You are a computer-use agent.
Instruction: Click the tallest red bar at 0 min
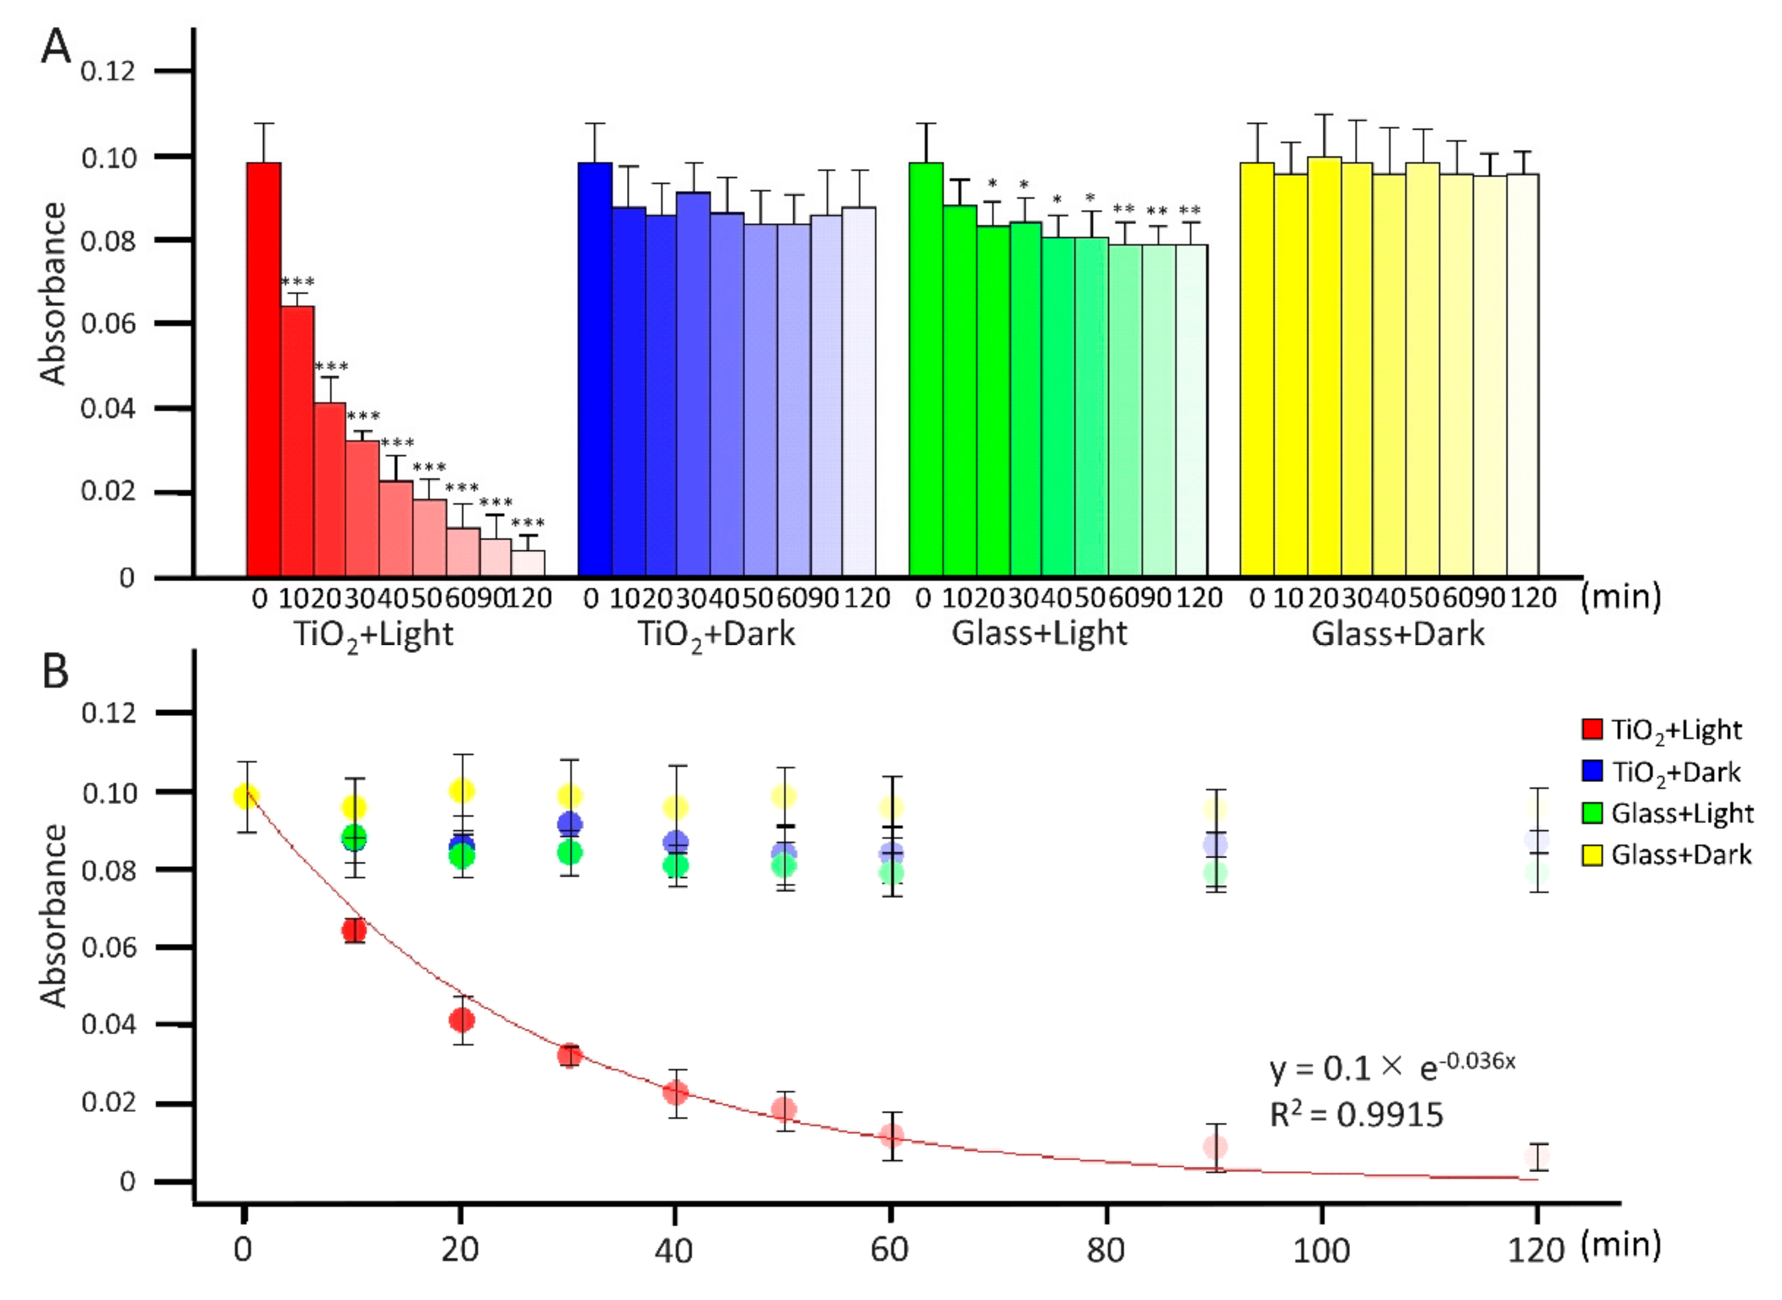[264, 370]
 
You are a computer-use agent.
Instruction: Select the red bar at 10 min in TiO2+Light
[297, 440]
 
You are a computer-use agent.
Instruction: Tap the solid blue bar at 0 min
[595, 370]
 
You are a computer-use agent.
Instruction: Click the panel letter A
[55, 47]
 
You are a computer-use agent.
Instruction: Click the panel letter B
[55, 673]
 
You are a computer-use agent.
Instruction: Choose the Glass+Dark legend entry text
[1682, 855]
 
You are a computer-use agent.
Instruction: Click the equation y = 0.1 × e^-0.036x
[1391, 1067]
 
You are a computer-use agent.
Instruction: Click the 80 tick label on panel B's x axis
[1106, 1250]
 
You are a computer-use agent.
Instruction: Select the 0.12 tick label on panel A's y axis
[108, 71]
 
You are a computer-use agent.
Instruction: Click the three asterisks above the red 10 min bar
[298, 281]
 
